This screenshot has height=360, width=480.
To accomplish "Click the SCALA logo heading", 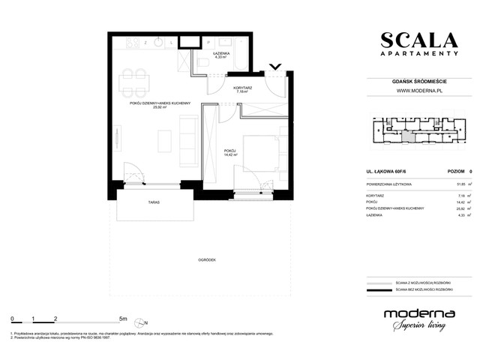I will pyautogui.click(x=418, y=40).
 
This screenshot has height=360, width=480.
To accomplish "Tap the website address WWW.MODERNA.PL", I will pyautogui.click(x=418, y=92).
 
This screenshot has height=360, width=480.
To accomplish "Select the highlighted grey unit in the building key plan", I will pyautogui.click(x=408, y=136).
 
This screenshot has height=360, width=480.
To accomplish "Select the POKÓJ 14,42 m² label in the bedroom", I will pyautogui.click(x=231, y=153).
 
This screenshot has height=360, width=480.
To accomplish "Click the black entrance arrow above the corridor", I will pyautogui.click(x=275, y=67).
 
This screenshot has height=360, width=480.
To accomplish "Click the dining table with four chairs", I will pyautogui.click(x=134, y=77).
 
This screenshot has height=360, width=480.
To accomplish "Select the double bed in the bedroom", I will pyautogui.click(x=263, y=153).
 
